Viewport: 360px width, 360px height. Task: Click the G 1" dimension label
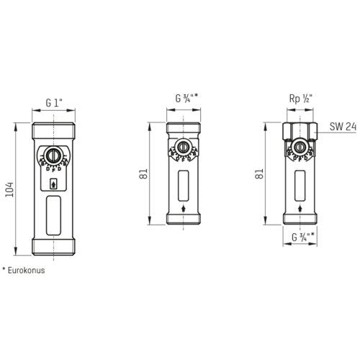tap(54, 103)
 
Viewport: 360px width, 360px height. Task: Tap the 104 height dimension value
tap(10, 189)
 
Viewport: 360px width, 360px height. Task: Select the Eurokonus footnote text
tap(24, 270)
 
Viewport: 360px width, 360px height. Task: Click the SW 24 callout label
tap(343, 127)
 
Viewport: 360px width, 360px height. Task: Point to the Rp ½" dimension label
tap(301, 99)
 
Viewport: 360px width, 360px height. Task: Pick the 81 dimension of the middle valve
tap(143, 174)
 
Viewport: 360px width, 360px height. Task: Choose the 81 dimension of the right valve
tap(259, 174)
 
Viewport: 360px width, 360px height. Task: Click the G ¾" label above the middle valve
tap(186, 98)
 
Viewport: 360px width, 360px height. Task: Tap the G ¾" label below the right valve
tap(303, 237)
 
